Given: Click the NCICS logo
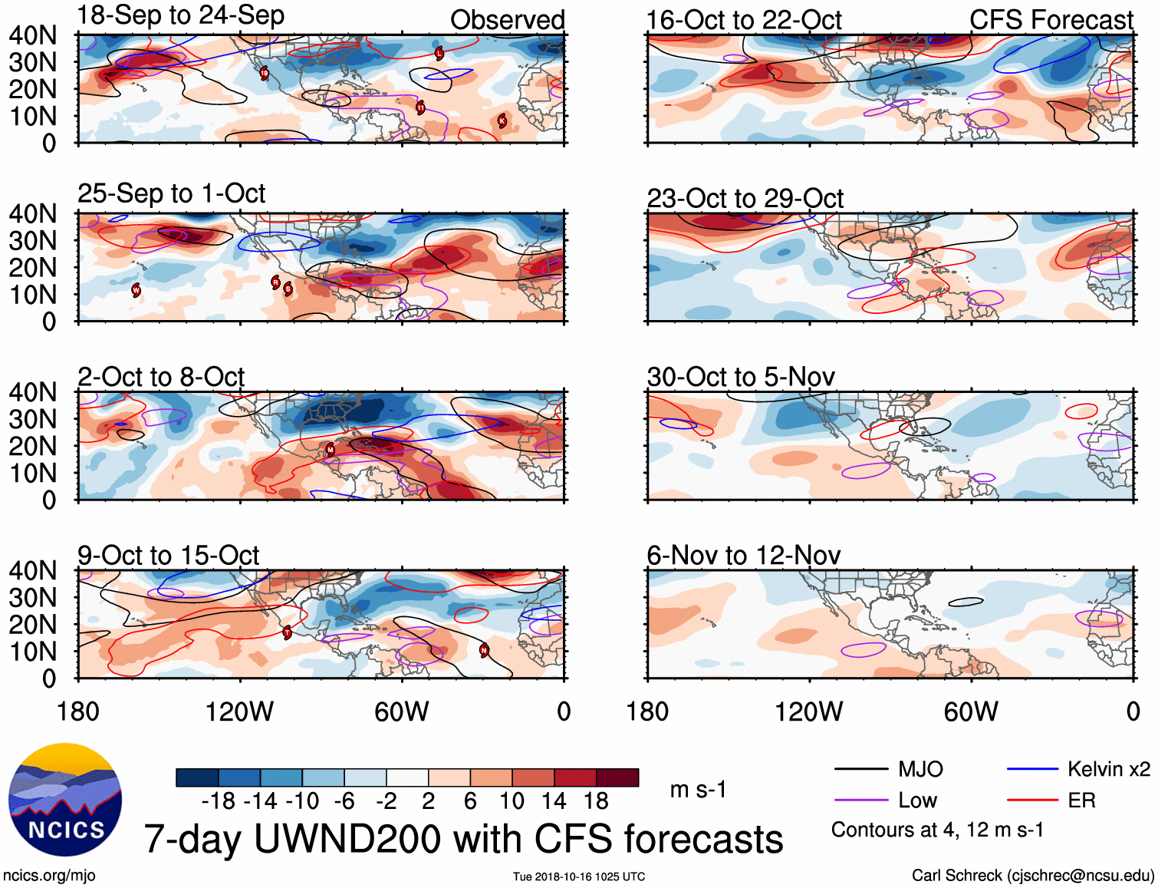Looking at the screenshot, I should click(x=65, y=799).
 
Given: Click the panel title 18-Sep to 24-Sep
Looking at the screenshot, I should click(x=181, y=15).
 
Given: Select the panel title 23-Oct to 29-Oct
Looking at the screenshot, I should click(x=745, y=198).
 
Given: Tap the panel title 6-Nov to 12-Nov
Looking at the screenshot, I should click(x=743, y=555).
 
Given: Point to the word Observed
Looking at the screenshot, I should click(x=507, y=20).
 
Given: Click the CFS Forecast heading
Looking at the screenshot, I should click(x=1051, y=20).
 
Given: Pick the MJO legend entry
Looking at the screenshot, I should click(x=920, y=769).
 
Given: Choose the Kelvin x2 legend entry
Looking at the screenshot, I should click(x=1108, y=769).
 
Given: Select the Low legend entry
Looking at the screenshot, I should click(x=917, y=801).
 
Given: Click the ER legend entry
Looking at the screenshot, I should click(x=1081, y=801).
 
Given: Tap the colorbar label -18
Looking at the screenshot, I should click(x=219, y=801).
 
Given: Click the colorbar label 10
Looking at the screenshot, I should click(x=512, y=801).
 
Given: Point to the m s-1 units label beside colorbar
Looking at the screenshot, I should click(x=698, y=789).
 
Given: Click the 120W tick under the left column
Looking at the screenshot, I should click(x=239, y=711).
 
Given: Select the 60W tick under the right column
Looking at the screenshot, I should click(x=971, y=711).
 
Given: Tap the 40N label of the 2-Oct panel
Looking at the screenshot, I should click(x=33, y=392).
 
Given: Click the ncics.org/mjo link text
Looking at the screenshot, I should click(x=49, y=875).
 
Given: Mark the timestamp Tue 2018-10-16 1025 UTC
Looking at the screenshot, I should click(x=579, y=876).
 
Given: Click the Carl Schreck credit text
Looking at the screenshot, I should click(x=1032, y=875).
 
